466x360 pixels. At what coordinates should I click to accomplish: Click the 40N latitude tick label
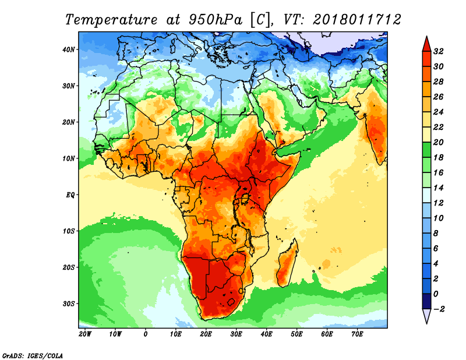point(69,50)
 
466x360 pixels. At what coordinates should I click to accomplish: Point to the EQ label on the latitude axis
point(70,195)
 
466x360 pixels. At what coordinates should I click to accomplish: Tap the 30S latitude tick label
point(69,303)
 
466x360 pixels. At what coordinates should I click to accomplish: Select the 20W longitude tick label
point(85,335)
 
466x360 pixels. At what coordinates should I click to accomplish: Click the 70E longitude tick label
point(358,335)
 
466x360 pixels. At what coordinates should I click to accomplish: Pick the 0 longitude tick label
point(146,335)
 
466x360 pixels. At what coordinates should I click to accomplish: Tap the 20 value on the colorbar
point(439,142)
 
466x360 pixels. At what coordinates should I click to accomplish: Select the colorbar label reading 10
point(439,218)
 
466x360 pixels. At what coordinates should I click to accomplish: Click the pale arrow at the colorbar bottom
point(426,315)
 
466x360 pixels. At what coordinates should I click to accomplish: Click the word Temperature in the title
point(110,19)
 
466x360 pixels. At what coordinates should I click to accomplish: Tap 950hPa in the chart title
point(213,19)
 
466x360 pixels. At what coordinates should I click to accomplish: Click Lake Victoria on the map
point(245,199)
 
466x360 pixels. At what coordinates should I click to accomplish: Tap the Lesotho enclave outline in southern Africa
point(231,302)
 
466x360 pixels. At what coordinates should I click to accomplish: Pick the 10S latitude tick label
point(69,231)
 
